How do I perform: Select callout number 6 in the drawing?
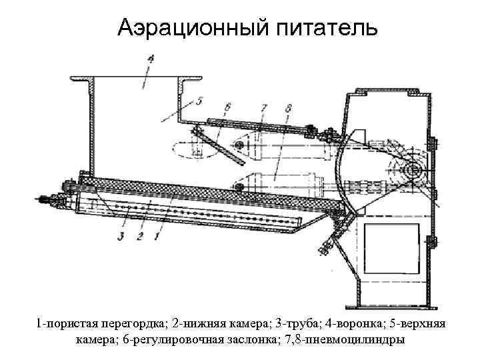[228, 106]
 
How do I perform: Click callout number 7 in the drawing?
[265, 106]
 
